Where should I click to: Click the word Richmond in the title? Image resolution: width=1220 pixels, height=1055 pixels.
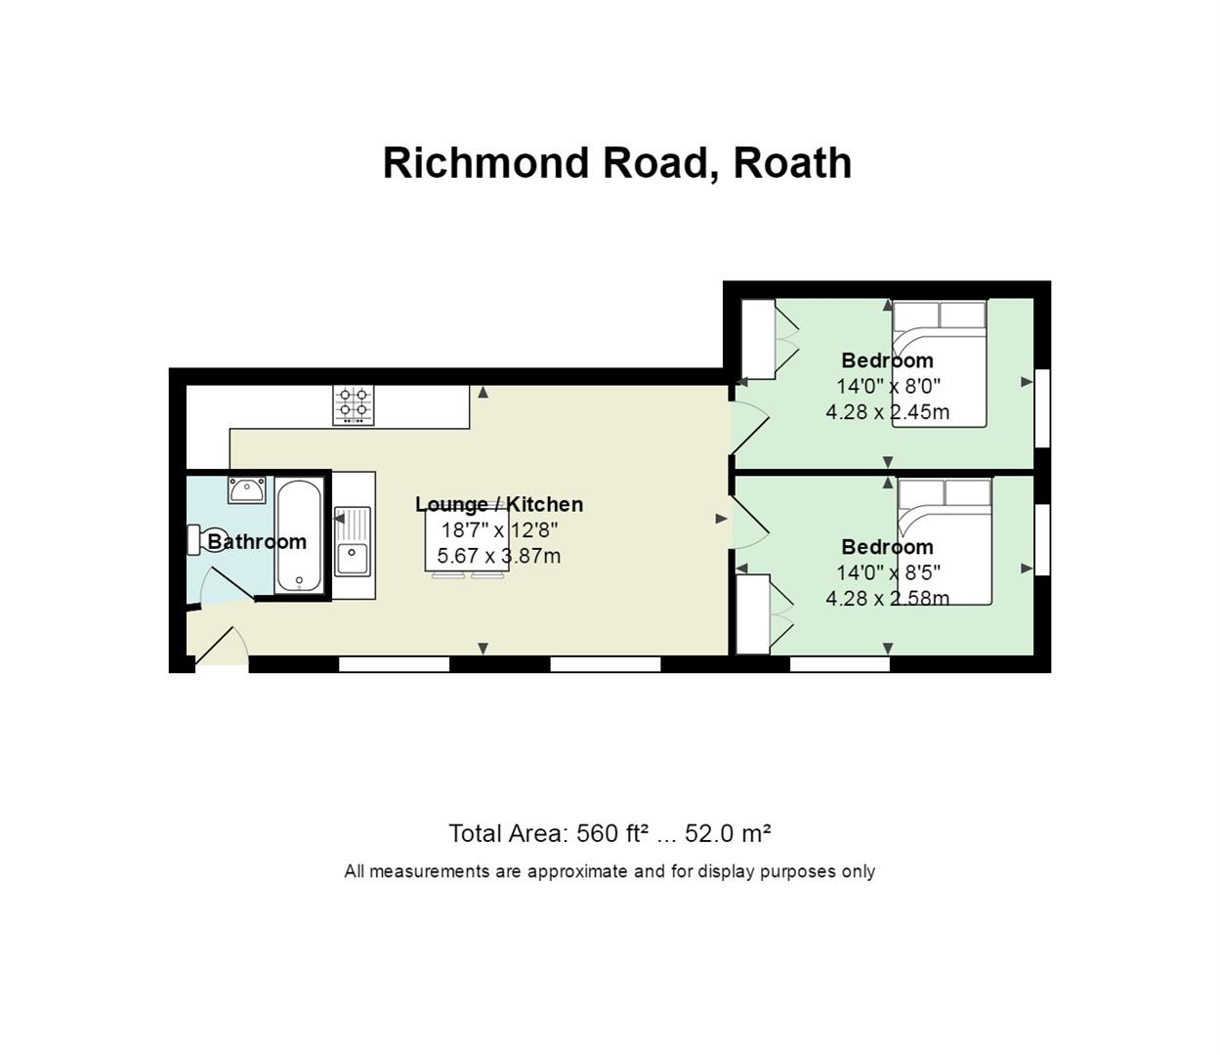point(486,163)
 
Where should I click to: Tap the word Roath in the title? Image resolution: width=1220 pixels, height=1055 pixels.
point(793,163)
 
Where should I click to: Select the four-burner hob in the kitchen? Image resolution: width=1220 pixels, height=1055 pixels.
point(354,405)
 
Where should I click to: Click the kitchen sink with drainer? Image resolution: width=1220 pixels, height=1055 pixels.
point(353,541)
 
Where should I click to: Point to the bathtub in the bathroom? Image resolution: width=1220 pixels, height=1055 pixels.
point(299,536)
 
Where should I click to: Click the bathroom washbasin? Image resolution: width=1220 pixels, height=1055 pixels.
point(247,490)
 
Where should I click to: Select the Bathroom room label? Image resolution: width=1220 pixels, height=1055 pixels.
point(257,542)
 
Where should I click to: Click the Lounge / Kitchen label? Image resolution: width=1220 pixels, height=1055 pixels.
point(499,504)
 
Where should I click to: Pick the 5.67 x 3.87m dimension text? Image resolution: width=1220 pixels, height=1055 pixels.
point(499,556)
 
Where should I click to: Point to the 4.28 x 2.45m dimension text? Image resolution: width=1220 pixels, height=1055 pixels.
point(887,412)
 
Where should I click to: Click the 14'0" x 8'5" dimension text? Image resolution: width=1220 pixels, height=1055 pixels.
point(888,572)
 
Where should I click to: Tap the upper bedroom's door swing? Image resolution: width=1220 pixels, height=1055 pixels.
point(749,428)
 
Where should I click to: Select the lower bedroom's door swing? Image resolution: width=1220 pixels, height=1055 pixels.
point(749,522)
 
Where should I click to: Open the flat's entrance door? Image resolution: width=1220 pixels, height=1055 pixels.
point(222,647)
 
